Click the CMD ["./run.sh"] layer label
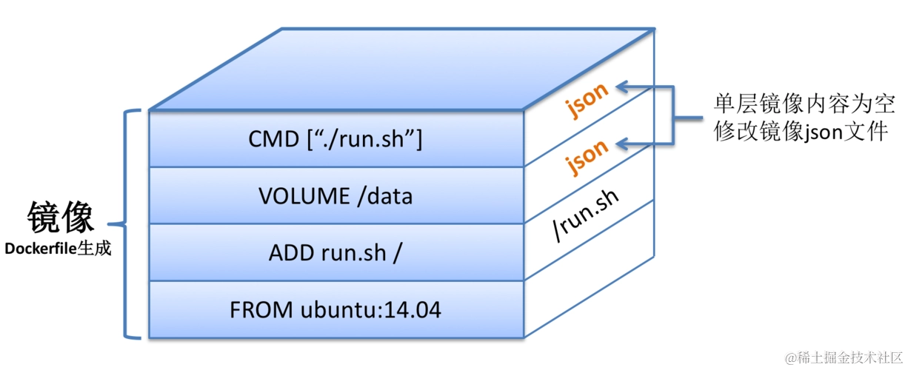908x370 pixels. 336,139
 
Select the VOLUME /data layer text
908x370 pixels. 336,196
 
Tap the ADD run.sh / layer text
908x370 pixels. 336,253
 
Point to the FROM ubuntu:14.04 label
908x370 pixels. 336,310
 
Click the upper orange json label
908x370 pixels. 587,100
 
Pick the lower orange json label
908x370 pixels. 587,157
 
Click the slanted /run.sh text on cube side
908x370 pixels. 586,215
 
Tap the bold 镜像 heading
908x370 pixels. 61,217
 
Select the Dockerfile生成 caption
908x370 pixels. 58,248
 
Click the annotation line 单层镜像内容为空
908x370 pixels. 804,104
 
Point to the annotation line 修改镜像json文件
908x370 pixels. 801,132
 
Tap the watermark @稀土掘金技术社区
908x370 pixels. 844,357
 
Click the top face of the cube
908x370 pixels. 402,70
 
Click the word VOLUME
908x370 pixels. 304,196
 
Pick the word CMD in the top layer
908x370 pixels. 273,139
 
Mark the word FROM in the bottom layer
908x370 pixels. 261,310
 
